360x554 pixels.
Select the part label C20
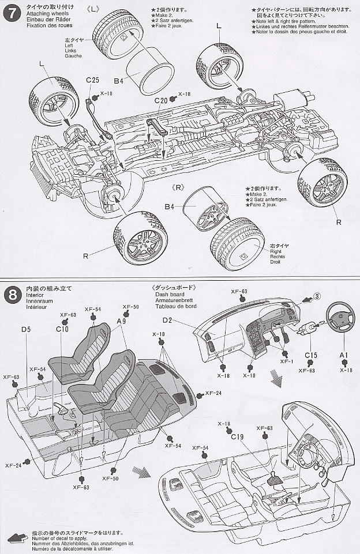click(x=161, y=100)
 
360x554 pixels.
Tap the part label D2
click(x=168, y=320)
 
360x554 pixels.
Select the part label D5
click(x=26, y=330)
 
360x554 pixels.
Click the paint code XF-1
click(x=286, y=361)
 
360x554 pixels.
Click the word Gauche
click(x=74, y=56)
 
